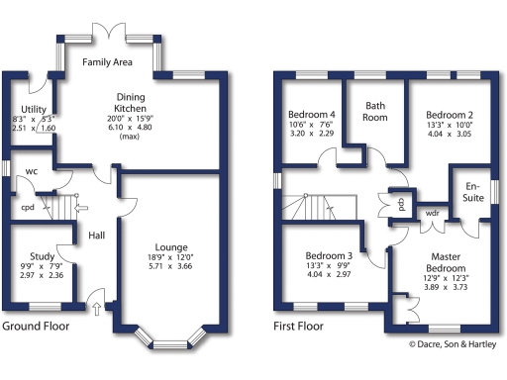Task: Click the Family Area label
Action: point(108,62)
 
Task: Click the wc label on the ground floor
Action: point(31,170)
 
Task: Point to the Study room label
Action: point(42,254)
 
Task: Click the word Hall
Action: point(96,236)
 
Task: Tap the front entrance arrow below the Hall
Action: point(96,310)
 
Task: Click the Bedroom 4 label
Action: point(311,112)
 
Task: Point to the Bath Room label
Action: point(376,111)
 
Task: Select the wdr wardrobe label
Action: point(433,212)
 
